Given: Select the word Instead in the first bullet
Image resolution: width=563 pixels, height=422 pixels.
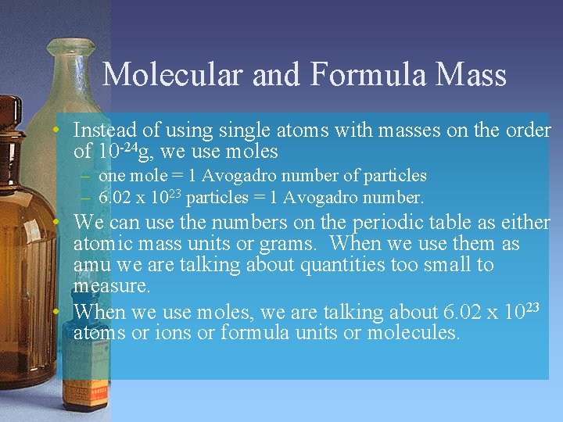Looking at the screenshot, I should (102, 130).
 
